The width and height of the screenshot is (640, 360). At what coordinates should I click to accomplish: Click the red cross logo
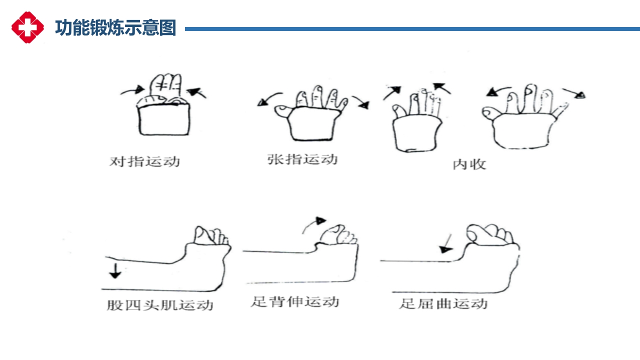(x=27, y=27)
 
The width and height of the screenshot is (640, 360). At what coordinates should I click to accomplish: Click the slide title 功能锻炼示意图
(x=115, y=28)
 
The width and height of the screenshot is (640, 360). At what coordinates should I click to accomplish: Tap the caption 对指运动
(x=144, y=161)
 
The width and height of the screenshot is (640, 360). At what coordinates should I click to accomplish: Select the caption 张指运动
(x=302, y=159)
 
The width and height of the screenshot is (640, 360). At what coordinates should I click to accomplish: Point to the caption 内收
(x=469, y=164)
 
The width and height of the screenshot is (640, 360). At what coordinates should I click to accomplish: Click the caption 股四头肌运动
(x=160, y=305)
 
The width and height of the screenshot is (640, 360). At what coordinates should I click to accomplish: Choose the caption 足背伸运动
(x=295, y=301)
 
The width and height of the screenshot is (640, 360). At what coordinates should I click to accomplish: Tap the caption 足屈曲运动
(x=443, y=303)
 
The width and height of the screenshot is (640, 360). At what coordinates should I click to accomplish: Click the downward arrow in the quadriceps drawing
(x=115, y=271)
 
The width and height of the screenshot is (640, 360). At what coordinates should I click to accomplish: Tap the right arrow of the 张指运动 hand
(x=361, y=101)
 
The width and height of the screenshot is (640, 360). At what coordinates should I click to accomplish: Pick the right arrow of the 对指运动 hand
(x=196, y=92)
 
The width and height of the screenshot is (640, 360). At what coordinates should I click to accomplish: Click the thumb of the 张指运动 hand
(x=283, y=111)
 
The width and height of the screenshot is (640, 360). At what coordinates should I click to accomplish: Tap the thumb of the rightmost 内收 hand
(x=491, y=113)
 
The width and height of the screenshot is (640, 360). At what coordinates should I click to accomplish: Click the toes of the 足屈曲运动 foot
(x=489, y=235)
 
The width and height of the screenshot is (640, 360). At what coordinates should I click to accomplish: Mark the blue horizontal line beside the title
(x=412, y=29)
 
